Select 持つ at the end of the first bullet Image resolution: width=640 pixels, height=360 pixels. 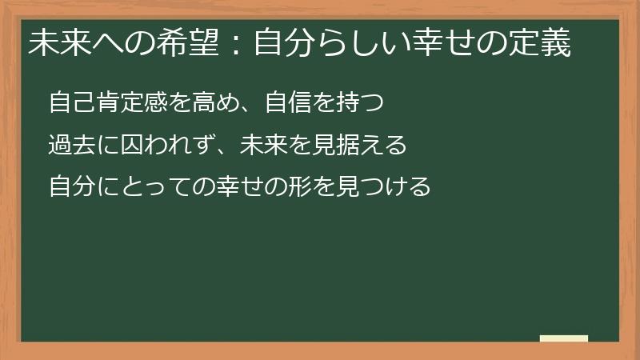[x=368, y=103]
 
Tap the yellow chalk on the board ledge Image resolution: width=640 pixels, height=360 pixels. [x=564, y=338]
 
